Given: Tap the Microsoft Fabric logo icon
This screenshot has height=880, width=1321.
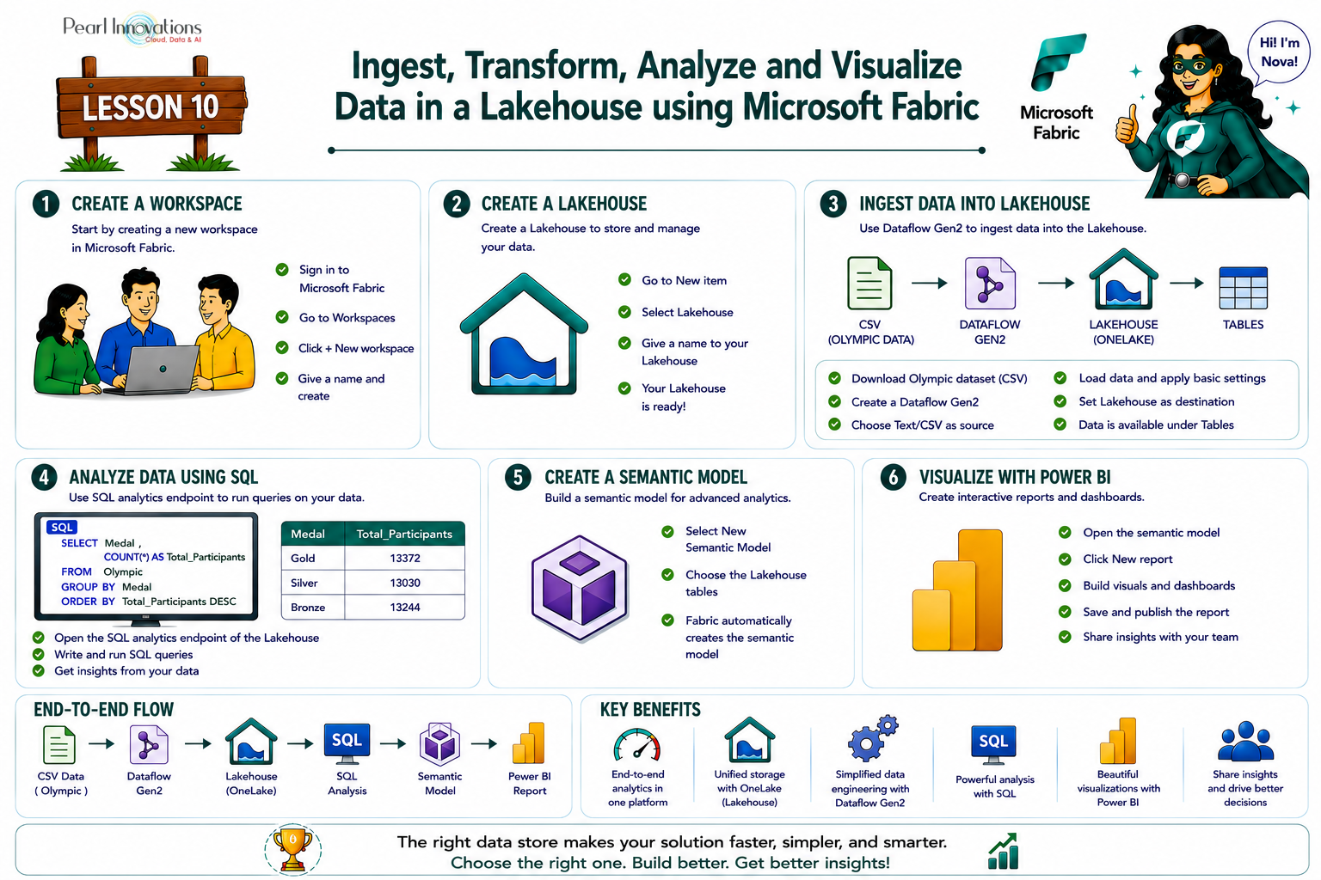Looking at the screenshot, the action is [1058, 62].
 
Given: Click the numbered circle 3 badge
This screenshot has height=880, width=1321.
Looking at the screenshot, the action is [833, 204].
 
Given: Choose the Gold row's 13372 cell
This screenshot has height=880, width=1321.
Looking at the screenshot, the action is [404, 559].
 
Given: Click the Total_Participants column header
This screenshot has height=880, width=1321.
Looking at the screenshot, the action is [404, 534].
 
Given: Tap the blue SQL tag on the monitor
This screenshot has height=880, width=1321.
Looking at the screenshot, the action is [62, 527].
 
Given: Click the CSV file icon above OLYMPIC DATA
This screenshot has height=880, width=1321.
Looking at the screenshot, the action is [869, 284].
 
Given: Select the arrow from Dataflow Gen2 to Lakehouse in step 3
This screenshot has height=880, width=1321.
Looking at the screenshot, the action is [1056, 284].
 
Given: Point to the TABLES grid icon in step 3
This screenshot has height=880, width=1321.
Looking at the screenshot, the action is [1243, 288].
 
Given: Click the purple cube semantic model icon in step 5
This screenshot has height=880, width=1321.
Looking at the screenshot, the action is [580, 588].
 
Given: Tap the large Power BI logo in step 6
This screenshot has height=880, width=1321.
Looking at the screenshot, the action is [958, 590].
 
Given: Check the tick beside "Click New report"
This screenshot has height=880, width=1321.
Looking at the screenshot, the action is [1065, 559].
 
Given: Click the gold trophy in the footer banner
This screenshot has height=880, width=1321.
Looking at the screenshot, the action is [292, 849].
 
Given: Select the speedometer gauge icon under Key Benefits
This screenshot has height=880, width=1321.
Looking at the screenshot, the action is [637, 745].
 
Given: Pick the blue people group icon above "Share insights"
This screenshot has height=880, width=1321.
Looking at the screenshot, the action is [1245, 742].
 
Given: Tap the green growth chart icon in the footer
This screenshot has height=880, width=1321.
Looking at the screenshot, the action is [1004, 851].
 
